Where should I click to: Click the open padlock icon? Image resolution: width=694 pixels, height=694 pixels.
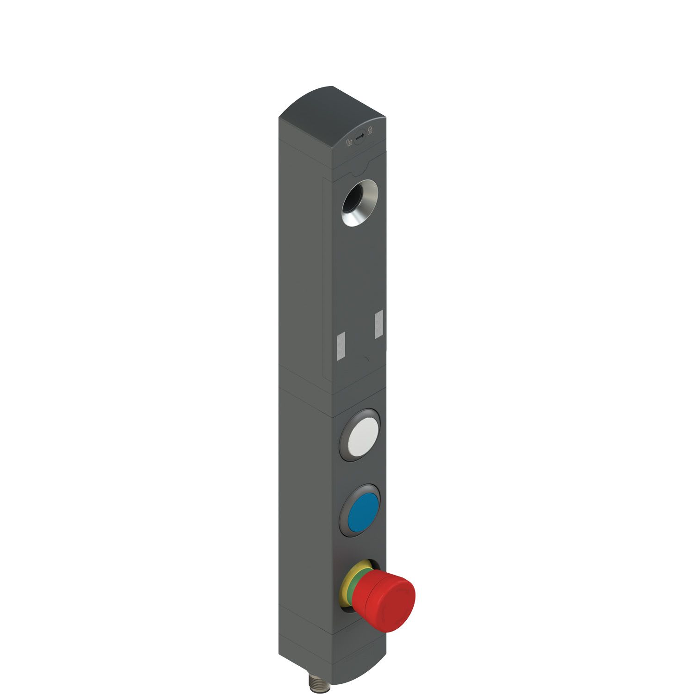(x=349, y=143)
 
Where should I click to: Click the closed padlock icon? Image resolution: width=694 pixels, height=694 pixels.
(x=370, y=130)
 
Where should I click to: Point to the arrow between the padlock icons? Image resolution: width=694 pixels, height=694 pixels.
(x=359, y=136)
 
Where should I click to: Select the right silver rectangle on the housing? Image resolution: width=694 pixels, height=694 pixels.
(x=378, y=323)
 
